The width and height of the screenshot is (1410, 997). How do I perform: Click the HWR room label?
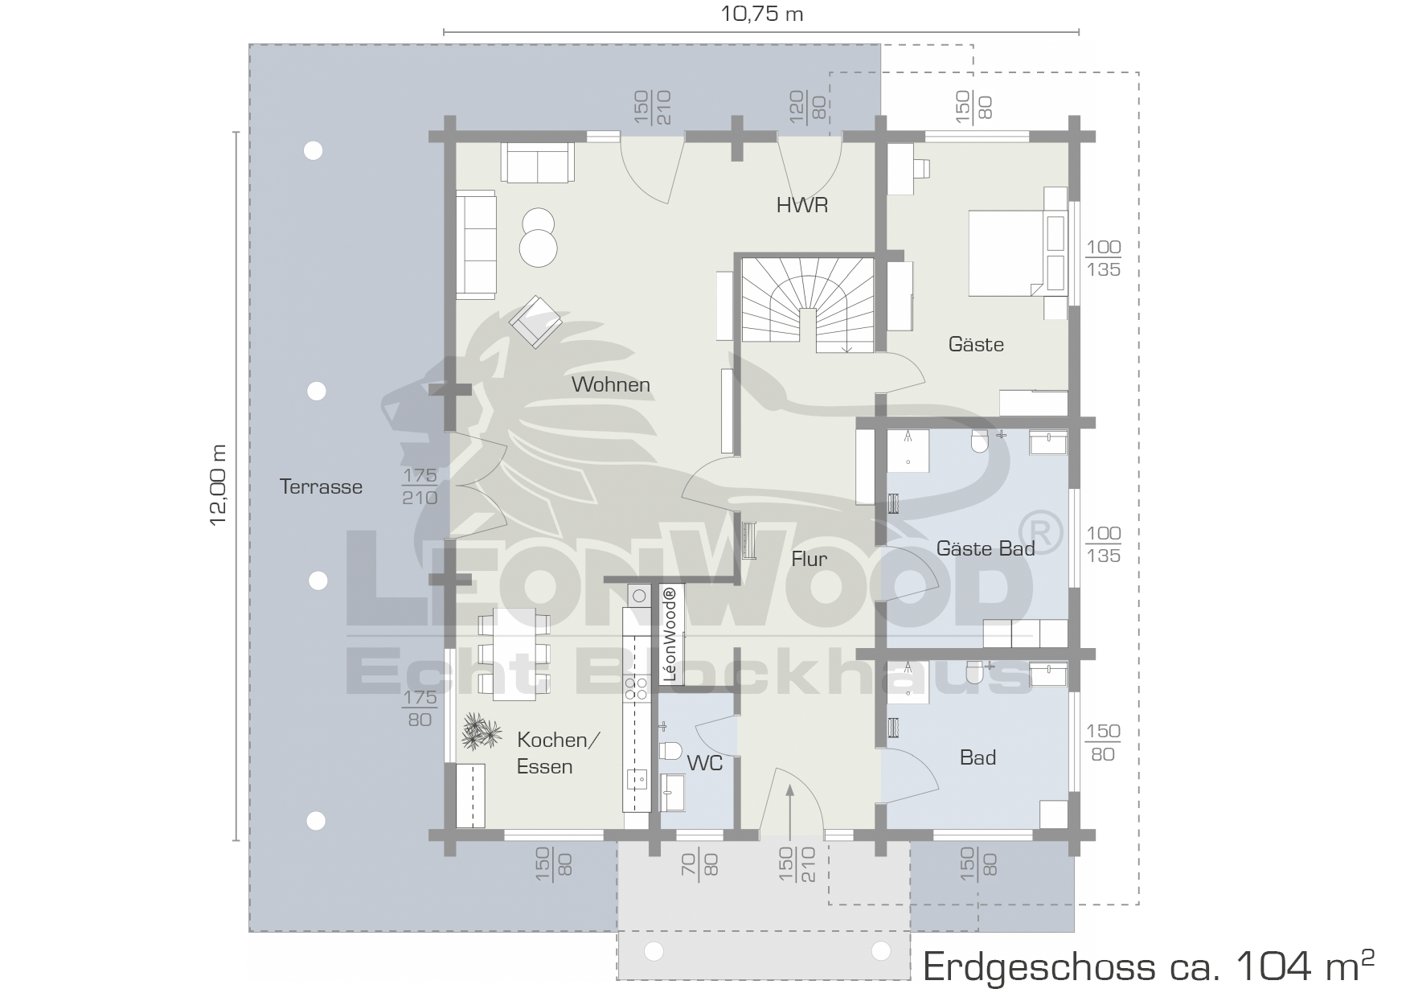801,205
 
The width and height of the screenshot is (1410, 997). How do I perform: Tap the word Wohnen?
611,384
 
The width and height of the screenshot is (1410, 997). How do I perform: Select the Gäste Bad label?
986,548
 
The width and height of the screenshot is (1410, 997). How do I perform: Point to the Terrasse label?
321,486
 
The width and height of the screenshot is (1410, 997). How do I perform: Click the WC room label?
705,763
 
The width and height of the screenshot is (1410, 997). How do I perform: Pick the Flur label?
809,559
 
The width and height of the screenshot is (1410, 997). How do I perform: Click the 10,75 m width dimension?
761,14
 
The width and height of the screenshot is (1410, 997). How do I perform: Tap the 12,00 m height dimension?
219,485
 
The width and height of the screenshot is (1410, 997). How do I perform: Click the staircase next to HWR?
807,305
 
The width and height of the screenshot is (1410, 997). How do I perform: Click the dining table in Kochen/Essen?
514,654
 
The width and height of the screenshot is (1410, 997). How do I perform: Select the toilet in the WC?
670,750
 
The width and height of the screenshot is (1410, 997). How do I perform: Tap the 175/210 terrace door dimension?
420,486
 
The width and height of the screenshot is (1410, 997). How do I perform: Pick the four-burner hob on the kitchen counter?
637,687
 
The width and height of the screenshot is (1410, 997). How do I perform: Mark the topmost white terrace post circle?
313,150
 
